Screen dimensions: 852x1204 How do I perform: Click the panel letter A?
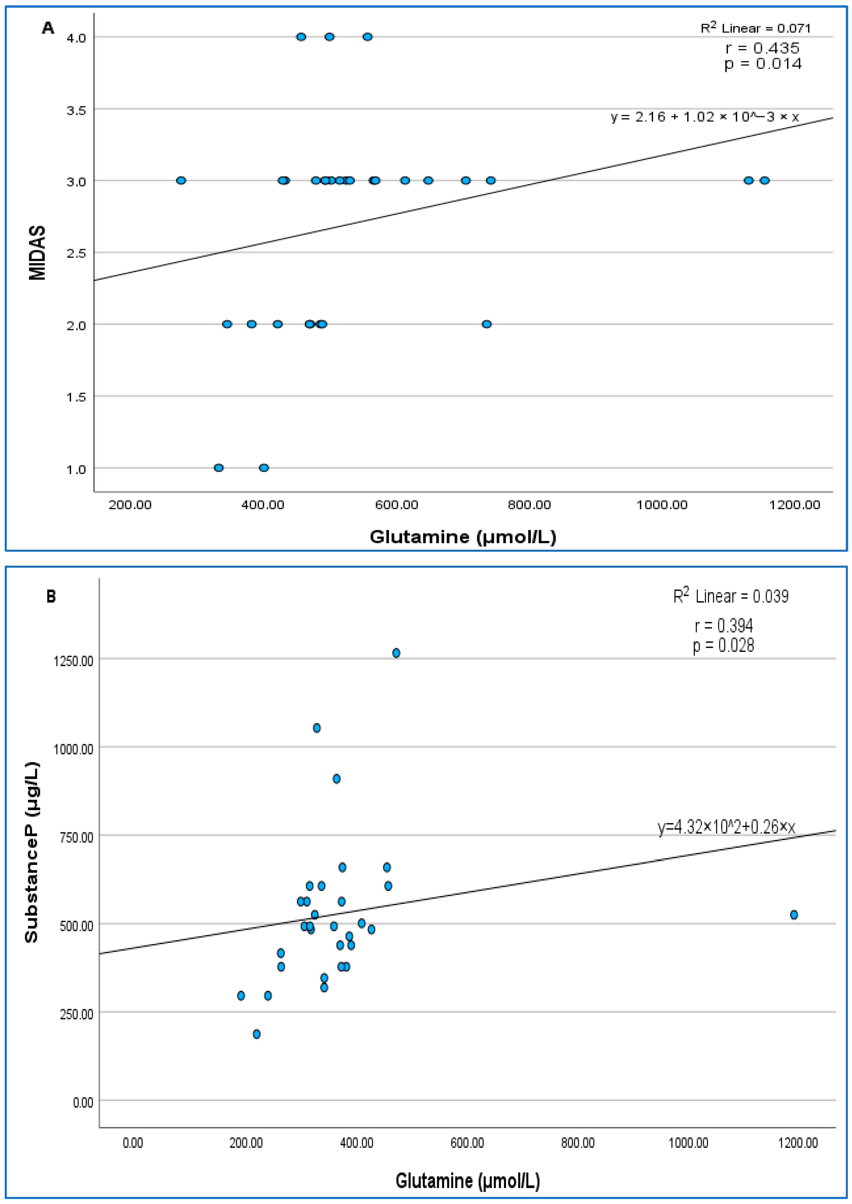pos(48,28)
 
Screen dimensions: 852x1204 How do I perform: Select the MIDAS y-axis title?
pos(37,253)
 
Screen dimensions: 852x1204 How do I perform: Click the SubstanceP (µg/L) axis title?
pos(32,852)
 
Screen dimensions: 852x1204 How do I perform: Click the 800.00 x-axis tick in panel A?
pos(529,505)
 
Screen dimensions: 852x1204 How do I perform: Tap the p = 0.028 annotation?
pos(723,645)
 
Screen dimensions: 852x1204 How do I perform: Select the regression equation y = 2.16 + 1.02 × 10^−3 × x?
pos(705,116)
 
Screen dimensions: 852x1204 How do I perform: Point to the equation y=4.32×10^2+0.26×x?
pos(727,828)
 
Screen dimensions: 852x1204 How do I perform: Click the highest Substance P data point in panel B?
pos(396,653)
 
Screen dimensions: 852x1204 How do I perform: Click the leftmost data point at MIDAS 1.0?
pos(219,468)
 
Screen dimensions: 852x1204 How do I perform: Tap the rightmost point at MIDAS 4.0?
pos(368,37)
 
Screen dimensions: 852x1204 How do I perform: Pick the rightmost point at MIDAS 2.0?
pos(487,324)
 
